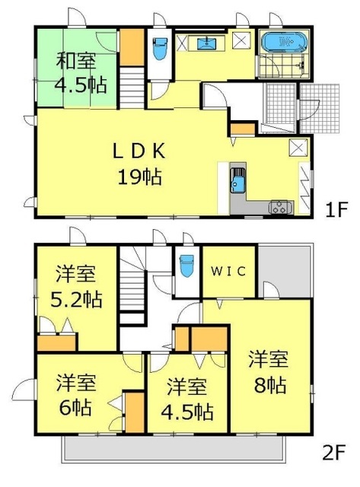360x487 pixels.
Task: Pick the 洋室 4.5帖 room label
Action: [186, 400]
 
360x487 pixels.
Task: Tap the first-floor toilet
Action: [159, 50]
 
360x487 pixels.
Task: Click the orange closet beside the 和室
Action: [131, 46]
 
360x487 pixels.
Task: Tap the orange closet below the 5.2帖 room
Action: [56, 343]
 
